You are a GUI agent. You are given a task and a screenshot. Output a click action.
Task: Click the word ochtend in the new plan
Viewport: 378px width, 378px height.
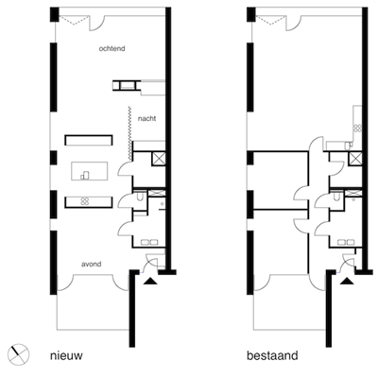[112, 48]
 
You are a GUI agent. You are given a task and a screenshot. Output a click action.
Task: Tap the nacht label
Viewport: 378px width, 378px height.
[146, 119]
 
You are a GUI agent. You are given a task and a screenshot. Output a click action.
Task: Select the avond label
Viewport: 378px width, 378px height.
[92, 264]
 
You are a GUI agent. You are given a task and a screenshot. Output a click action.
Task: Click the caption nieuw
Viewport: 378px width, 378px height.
[66, 355]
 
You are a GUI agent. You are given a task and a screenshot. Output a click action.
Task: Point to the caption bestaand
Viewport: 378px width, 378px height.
[272, 355]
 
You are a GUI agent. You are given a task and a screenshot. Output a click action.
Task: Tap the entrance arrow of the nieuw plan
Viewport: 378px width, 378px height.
[150, 282]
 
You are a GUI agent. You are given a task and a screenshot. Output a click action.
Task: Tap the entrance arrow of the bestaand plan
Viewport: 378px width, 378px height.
[348, 282]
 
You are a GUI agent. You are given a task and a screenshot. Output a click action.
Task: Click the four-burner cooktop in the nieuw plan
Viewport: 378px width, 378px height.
[84, 201]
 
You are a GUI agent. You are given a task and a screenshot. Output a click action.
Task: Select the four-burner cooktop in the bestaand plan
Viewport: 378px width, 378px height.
[357, 128]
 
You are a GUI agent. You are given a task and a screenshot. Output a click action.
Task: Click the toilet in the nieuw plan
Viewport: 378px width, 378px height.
[140, 198]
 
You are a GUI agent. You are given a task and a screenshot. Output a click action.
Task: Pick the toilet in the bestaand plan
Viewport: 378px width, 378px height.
[336, 198]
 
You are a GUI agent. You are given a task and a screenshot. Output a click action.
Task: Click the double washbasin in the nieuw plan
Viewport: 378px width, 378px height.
[148, 242]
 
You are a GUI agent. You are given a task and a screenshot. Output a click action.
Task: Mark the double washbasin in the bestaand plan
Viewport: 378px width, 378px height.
[346, 242]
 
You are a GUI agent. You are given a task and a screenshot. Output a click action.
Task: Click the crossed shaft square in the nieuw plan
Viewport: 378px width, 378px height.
[158, 159]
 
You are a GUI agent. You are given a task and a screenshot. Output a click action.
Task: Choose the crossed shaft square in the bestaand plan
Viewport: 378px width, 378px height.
[355, 159]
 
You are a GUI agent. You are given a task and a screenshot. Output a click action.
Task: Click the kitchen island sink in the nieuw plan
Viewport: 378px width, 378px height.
[85, 176]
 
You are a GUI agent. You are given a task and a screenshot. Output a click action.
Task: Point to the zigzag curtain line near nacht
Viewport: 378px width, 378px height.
[129, 133]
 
